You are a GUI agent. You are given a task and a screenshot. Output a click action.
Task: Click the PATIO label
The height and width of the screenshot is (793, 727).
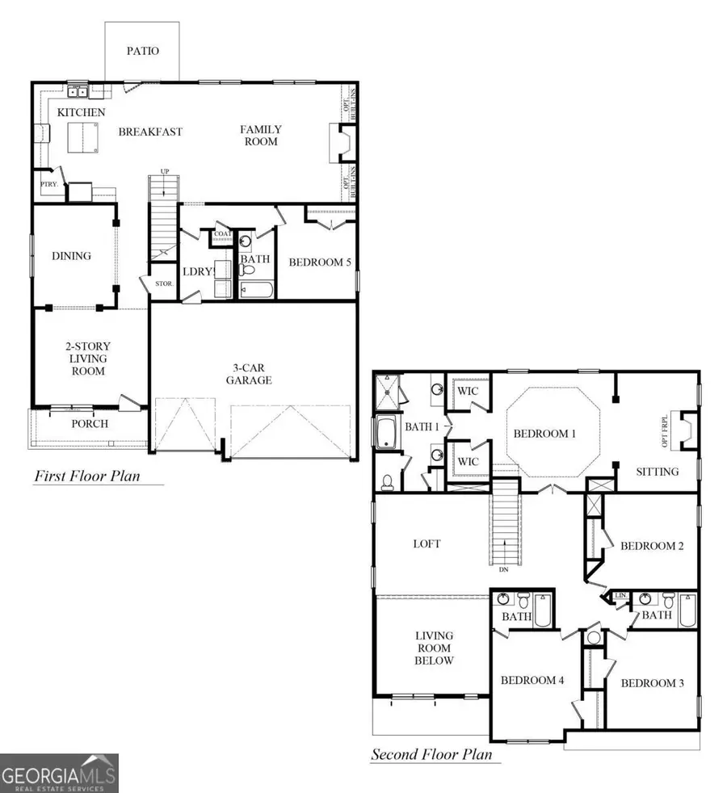(x=143, y=51)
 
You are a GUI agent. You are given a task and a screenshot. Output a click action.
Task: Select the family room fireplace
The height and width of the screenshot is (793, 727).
(x=341, y=144)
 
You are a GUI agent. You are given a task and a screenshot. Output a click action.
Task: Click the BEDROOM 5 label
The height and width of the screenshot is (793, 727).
(x=320, y=262)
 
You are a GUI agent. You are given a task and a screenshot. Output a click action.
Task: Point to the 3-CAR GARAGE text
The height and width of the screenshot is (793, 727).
(x=249, y=374)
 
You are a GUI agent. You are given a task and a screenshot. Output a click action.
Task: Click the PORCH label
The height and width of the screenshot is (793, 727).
(x=90, y=423)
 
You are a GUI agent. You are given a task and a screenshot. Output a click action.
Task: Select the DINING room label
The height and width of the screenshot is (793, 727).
(x=71, y=256)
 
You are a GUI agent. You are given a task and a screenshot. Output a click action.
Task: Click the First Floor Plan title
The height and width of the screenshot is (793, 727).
(x=86, y=476)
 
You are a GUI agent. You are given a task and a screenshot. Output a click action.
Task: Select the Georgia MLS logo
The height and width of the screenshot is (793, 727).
(x=59, y=773)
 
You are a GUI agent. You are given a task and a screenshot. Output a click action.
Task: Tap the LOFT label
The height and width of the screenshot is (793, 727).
(x=427, y=544)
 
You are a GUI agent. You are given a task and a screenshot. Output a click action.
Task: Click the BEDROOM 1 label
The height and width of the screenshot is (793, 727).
(x=544, y=434)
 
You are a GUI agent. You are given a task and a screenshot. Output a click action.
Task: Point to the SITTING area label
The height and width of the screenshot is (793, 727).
(x=657, y=472)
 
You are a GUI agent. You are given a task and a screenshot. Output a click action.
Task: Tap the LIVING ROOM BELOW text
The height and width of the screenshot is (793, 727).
(x=434, y=648)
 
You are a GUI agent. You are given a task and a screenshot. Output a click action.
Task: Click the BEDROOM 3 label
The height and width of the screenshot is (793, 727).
(x=652, y=683)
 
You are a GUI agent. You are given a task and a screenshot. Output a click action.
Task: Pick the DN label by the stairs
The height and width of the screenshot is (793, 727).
(x=503, y=570)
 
